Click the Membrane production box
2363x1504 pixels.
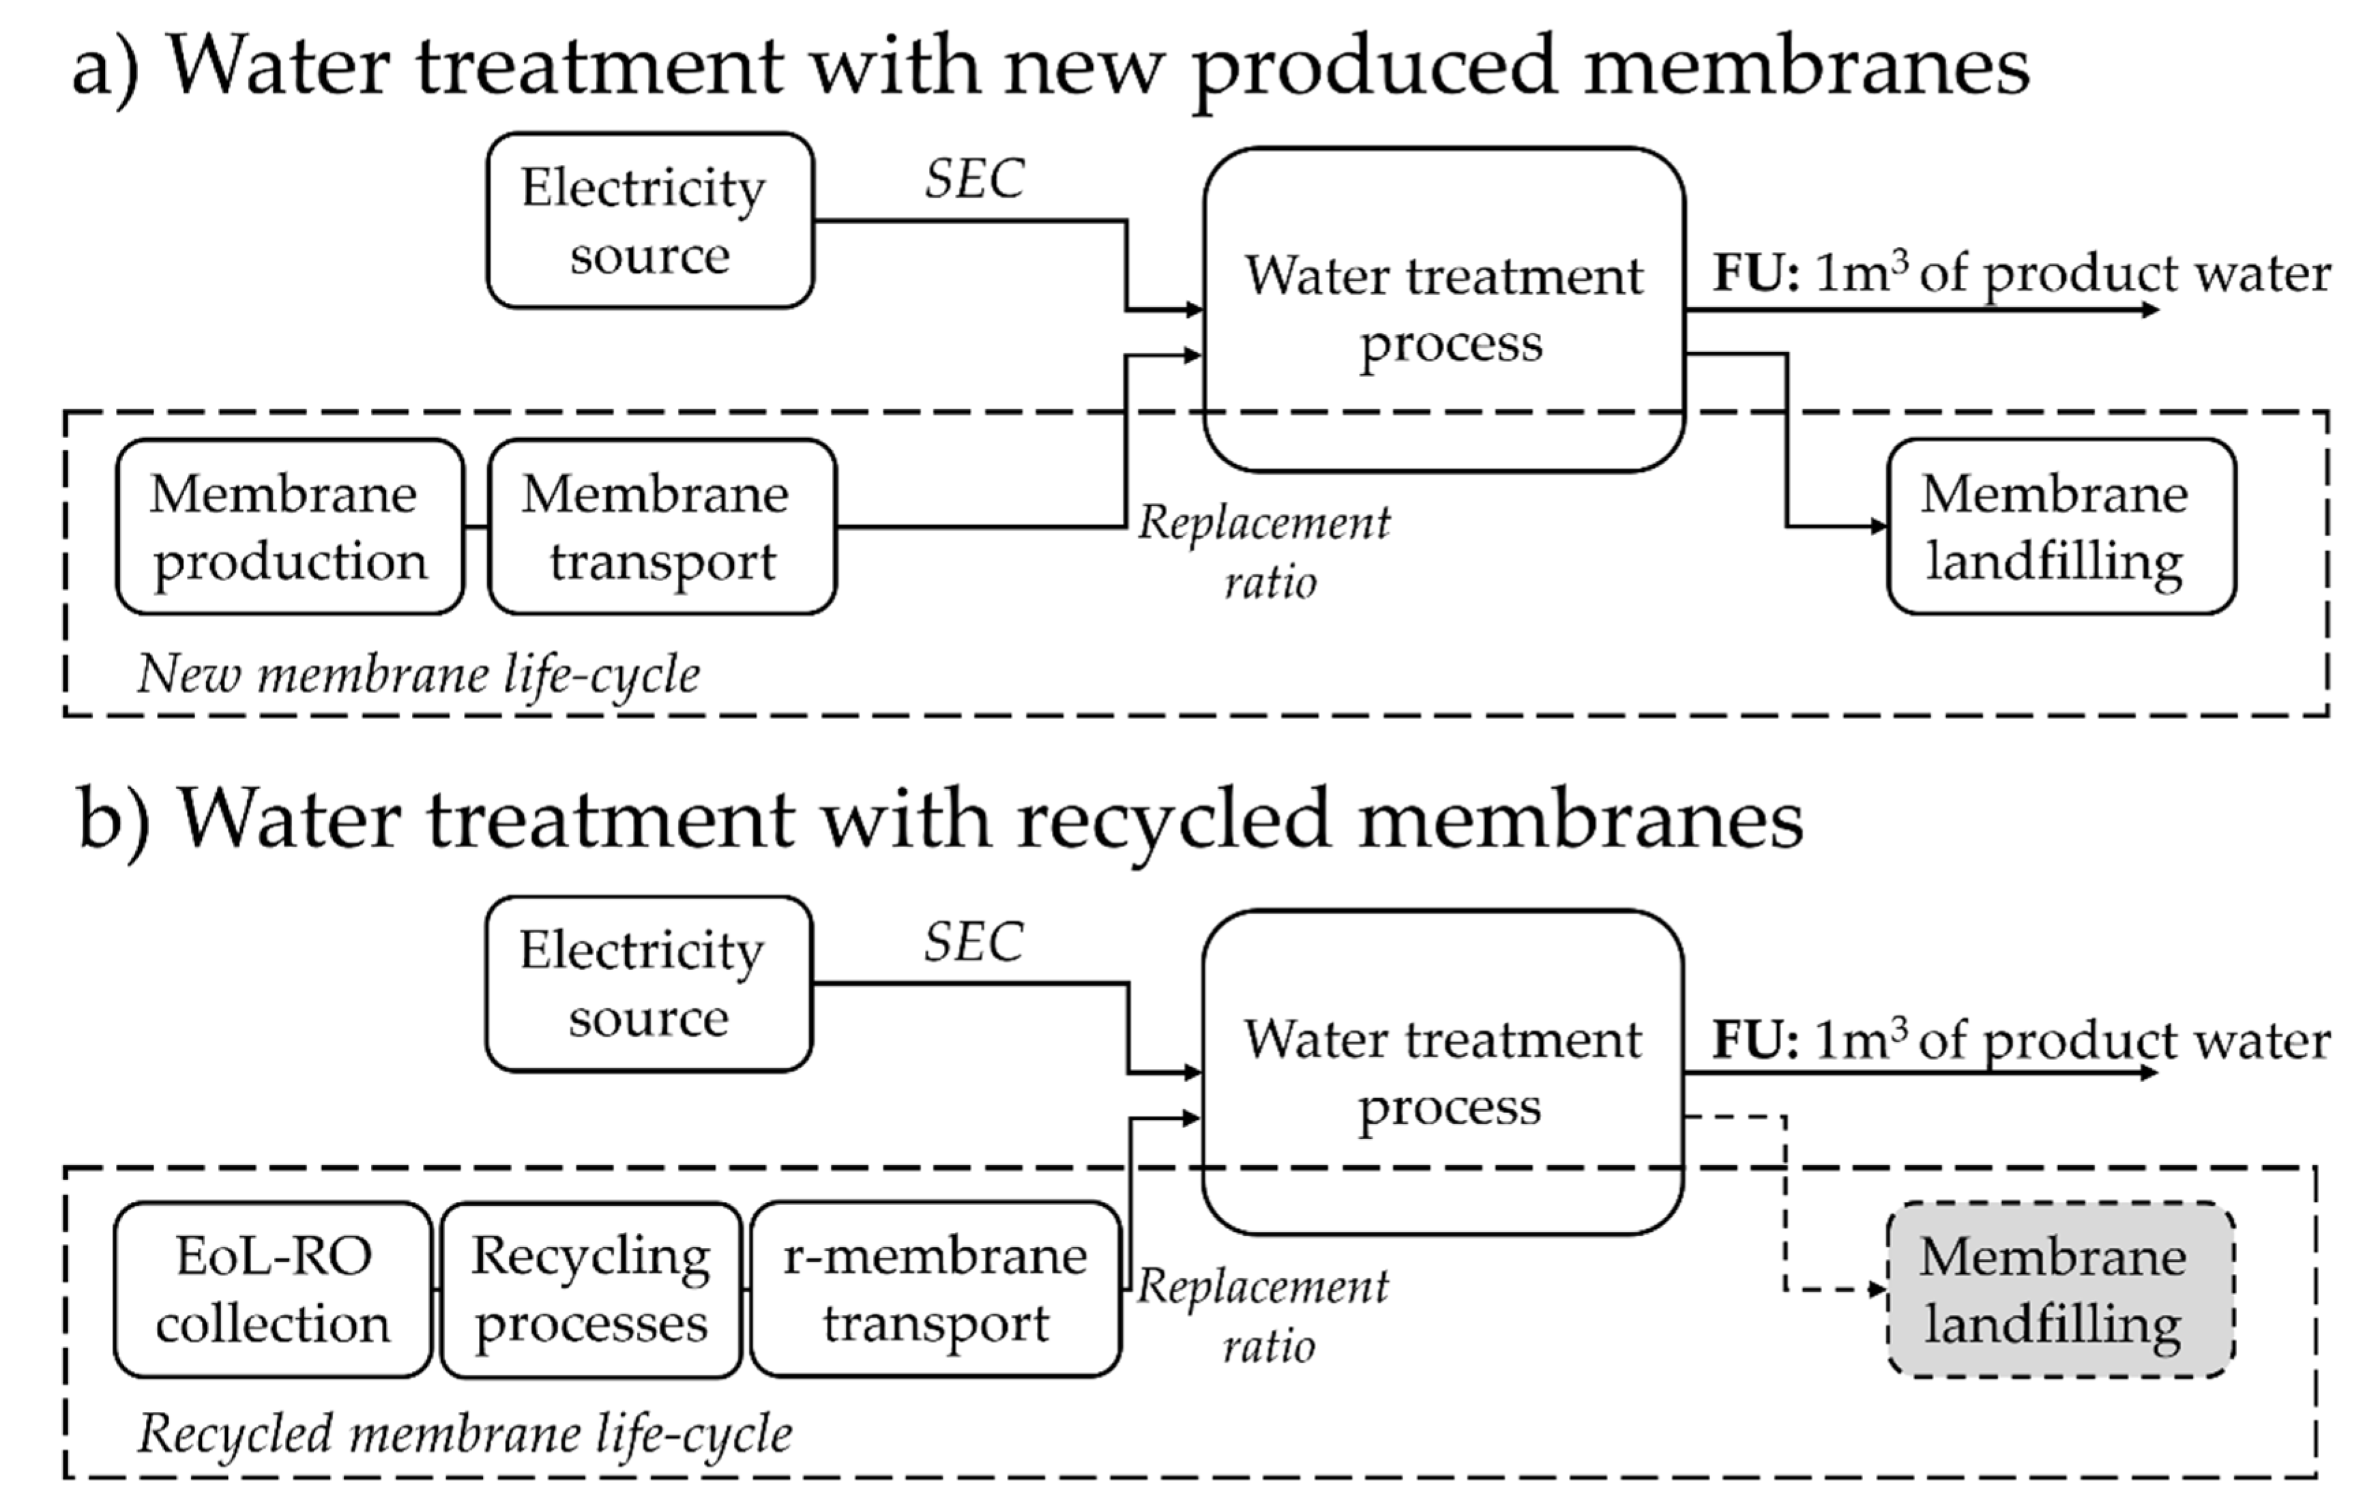289,527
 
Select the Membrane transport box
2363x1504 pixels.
662,527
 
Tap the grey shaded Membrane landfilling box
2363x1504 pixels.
2061,1289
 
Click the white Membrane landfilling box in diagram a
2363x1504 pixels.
2061,527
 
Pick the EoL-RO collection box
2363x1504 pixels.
273,1289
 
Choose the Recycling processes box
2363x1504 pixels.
591,1289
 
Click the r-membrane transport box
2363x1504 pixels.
935,1289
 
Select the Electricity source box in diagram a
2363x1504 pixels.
649,221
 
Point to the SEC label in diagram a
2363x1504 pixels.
974,179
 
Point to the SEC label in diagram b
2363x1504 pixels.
973,943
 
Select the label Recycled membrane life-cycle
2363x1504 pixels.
464,1434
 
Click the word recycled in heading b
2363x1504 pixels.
1173,820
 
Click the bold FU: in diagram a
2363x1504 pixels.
1757,274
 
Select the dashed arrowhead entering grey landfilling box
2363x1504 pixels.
1877,1289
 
